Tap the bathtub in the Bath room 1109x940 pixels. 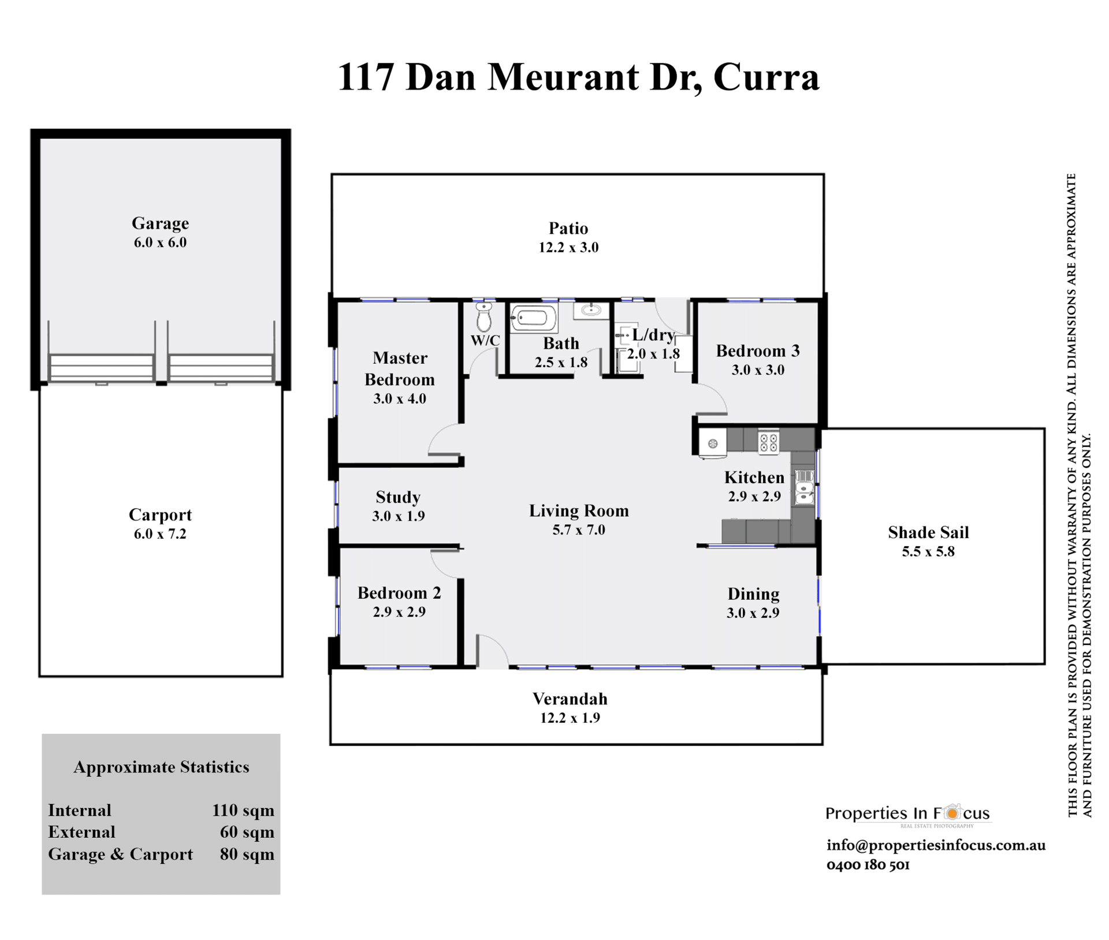click(x=534, y=318)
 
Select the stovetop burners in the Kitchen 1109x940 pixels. click(x=768, y=443)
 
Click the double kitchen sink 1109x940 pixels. click(x=805, y=488)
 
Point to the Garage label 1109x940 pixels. click(x=160, y=223)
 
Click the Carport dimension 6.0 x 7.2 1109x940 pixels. click(x=160, y=534)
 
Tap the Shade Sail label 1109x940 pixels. click(x=928, y=532)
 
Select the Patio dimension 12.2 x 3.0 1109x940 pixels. click(x=568, y=247)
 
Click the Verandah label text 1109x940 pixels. click(x=570, y=699)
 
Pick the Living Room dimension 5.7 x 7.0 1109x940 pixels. click(x=579, y=529)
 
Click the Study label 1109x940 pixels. click(x=398, y=497)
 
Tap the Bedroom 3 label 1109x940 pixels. click(x=758, y=350)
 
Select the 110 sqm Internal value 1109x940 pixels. click(x=243, y=810)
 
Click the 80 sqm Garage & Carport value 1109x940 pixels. click(x=247, y=854)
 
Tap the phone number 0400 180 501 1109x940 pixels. click(x=868, y=865)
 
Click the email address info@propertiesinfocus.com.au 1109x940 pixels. click(x=936, y=845)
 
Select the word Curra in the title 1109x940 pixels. click(x=766, y=77)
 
